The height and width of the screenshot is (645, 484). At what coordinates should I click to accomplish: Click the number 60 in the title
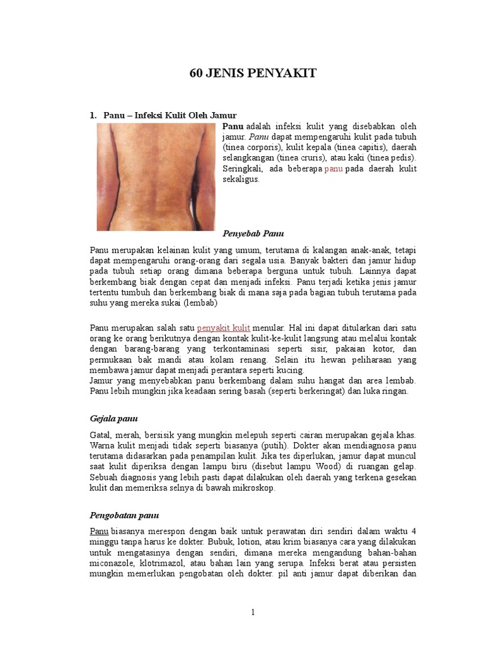(x=196, y=74)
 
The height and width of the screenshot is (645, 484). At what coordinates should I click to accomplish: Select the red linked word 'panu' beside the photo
(x=333, y=169)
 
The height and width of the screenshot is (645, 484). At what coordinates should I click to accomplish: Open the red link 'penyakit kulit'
(x=224, y=328)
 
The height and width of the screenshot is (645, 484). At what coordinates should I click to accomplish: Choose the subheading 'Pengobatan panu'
(x=124, y=515)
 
